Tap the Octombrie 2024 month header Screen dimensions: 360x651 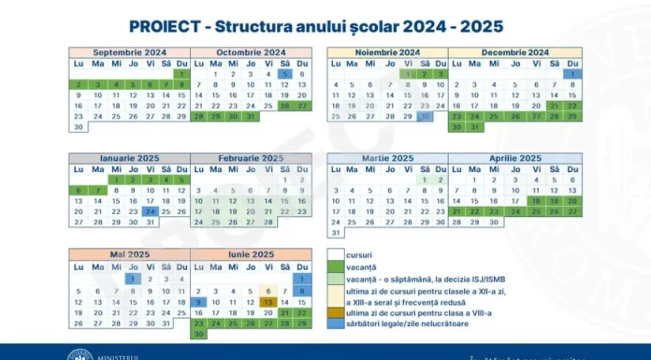(x=251, y=52)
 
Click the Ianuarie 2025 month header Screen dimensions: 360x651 (x=131, y=158)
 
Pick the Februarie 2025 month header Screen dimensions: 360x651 (x=251, y=158)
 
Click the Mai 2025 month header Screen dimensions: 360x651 (x=131, y=254)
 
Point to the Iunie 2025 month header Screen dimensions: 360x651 (x=251, y=254)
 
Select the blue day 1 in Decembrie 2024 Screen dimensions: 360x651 (x=571, y=74)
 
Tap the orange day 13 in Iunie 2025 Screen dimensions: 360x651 (x=268, y=302)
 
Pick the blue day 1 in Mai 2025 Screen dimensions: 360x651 (x=132, y=278)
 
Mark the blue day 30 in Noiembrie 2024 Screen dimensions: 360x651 (x=425, y=117)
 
